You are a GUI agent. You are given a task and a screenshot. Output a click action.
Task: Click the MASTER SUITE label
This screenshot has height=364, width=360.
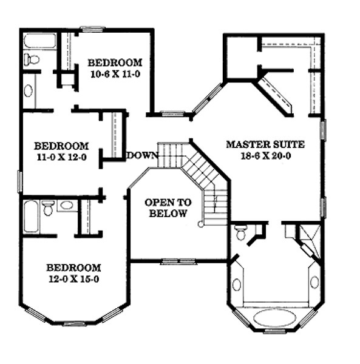click(265, 144)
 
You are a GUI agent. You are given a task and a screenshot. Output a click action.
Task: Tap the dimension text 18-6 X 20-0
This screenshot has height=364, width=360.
click(266, 155)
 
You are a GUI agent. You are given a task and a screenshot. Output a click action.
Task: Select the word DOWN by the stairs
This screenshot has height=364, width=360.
click(143, 155)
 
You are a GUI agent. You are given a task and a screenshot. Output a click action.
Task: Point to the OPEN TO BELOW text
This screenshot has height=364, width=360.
click(168, 207)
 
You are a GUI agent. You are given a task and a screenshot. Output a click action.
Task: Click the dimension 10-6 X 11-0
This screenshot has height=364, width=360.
click(115, 74)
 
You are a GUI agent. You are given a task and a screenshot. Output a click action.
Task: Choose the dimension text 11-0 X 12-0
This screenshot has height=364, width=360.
click(62, 157)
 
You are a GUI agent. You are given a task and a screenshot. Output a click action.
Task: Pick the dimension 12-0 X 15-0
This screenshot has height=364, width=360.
click(74, 279)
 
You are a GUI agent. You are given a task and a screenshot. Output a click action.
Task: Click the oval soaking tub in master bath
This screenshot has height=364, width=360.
click(275, 318)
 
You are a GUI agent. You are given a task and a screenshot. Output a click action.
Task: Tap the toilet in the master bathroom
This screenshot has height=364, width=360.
click(240, 232)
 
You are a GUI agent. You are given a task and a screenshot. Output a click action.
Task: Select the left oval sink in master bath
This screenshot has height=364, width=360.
click(237, 285)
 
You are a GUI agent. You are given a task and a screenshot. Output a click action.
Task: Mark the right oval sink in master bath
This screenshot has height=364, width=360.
click(314, 283)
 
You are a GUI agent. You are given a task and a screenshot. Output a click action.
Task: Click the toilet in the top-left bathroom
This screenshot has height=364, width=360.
click(32, 59)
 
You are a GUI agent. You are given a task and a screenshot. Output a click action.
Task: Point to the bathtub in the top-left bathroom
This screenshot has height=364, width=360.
click(39, 41)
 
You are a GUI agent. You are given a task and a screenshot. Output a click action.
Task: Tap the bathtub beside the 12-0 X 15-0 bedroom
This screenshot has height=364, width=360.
click(31, 217)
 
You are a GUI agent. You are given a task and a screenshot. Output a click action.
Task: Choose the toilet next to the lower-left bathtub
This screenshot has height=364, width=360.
click(49, 208)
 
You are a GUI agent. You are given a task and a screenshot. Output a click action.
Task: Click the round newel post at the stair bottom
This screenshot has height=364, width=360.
click(200, 224)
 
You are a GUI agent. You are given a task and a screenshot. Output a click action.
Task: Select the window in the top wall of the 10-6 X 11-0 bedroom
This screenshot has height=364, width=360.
click(93, 29)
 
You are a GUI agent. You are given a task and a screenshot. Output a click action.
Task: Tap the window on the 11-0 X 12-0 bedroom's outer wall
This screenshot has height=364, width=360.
click(20, 182)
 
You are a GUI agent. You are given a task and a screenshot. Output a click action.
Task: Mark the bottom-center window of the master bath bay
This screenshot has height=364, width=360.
click(275, 331)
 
